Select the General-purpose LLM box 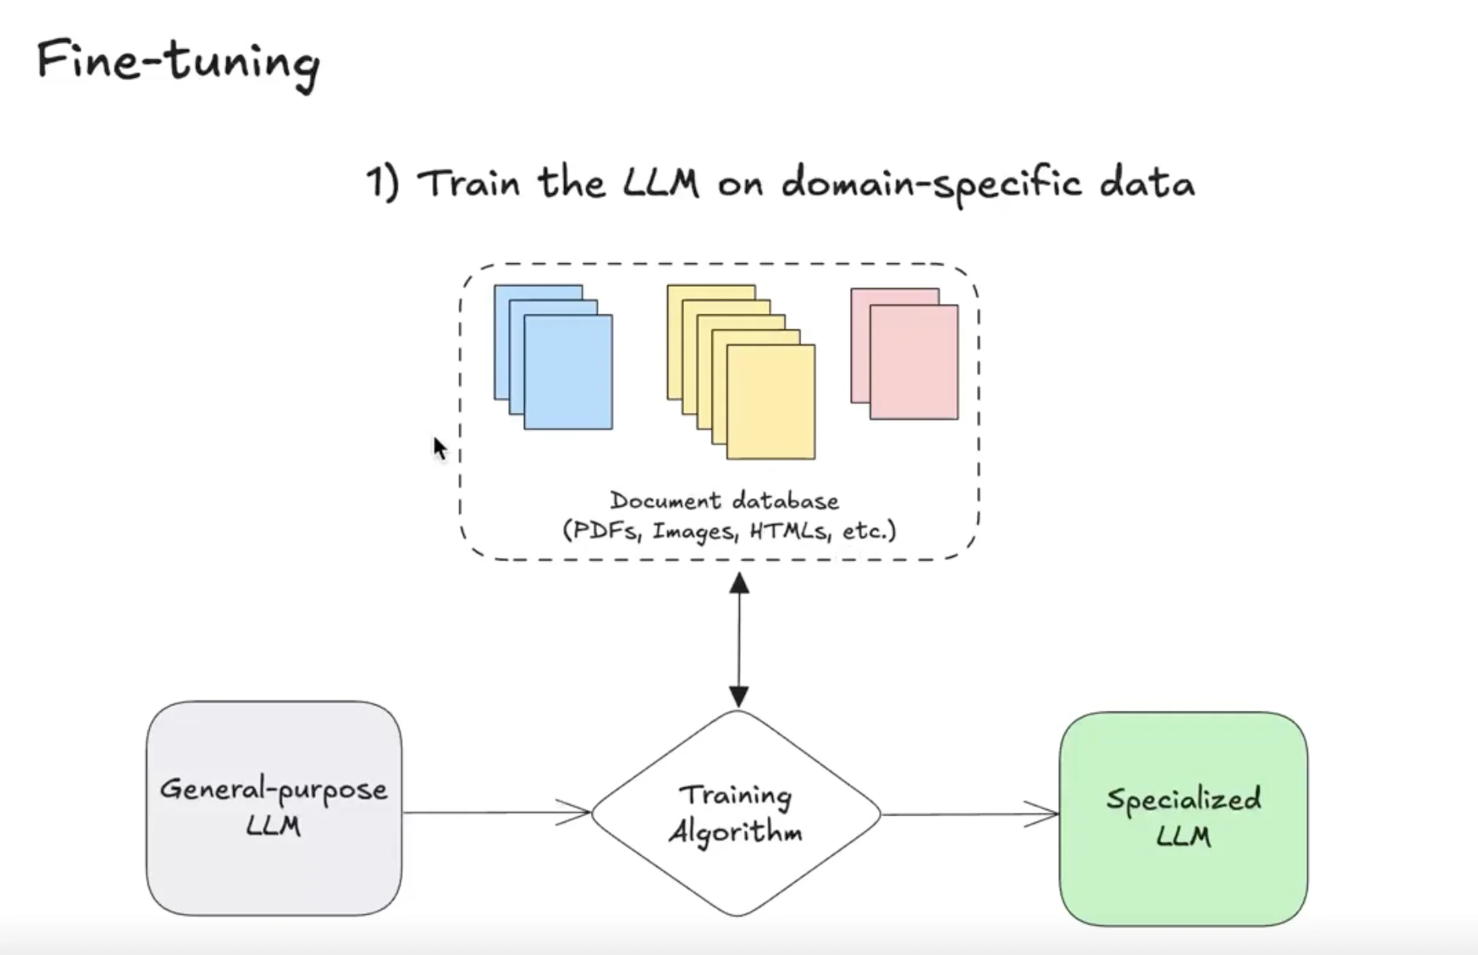tap(273, 808)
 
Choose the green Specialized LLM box tap(1183, 818)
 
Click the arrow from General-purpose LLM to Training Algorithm tap(496, 812)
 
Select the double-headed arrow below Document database tap(738, 640)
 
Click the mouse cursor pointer tap(440, 448)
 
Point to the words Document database tap(724, 501)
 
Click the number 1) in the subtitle tap(383, 183)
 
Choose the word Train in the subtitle tap(469, 184)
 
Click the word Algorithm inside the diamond tap(735, 832)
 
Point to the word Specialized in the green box tap(1183, 799)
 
